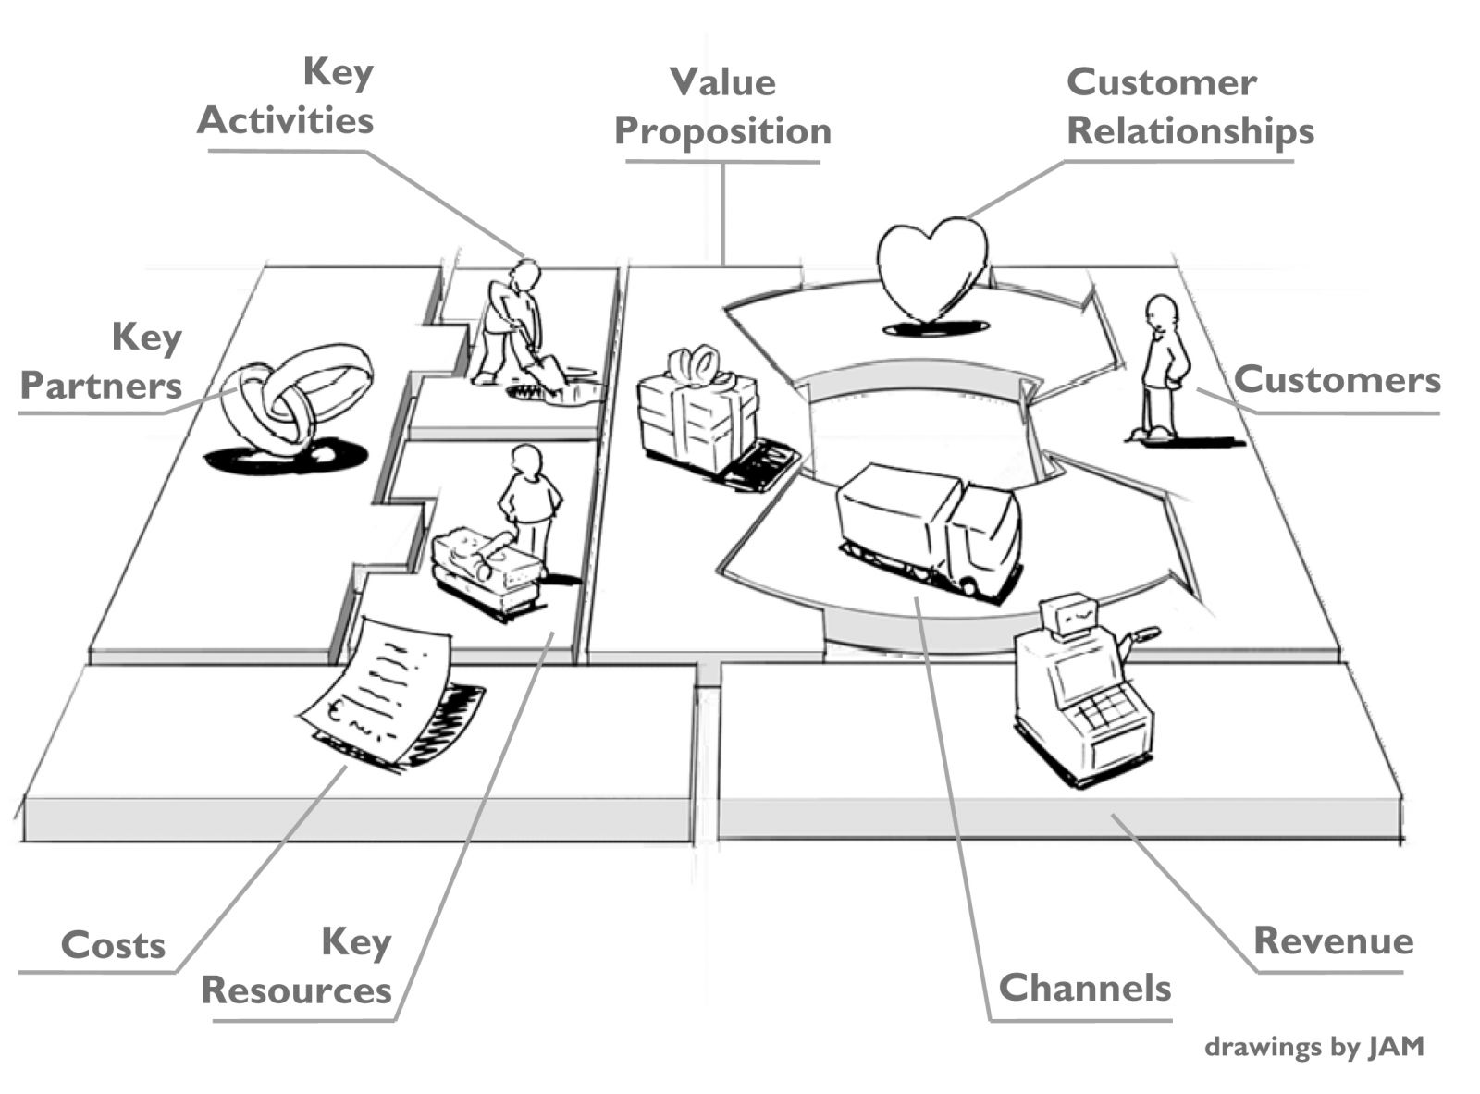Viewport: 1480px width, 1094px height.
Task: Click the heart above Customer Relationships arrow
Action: tap(931, 268)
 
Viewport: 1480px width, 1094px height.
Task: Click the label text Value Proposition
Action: tap(722, 106)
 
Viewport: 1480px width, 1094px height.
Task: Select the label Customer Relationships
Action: tap(1190, 106)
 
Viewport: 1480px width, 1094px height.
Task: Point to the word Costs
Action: tap(113, 945)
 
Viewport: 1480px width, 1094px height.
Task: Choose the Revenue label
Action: tap(1333, 940)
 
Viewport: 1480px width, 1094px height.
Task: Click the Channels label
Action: tap(1084, 988)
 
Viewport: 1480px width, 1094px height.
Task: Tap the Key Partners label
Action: tap(102, 362)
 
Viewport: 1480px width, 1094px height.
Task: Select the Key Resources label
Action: tap(297, 966)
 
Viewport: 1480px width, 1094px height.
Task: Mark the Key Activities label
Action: tap(286, 96)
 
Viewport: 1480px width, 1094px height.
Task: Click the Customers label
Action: tap(1337, 379)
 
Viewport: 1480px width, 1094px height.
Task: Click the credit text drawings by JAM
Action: tap(1313, 1047)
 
